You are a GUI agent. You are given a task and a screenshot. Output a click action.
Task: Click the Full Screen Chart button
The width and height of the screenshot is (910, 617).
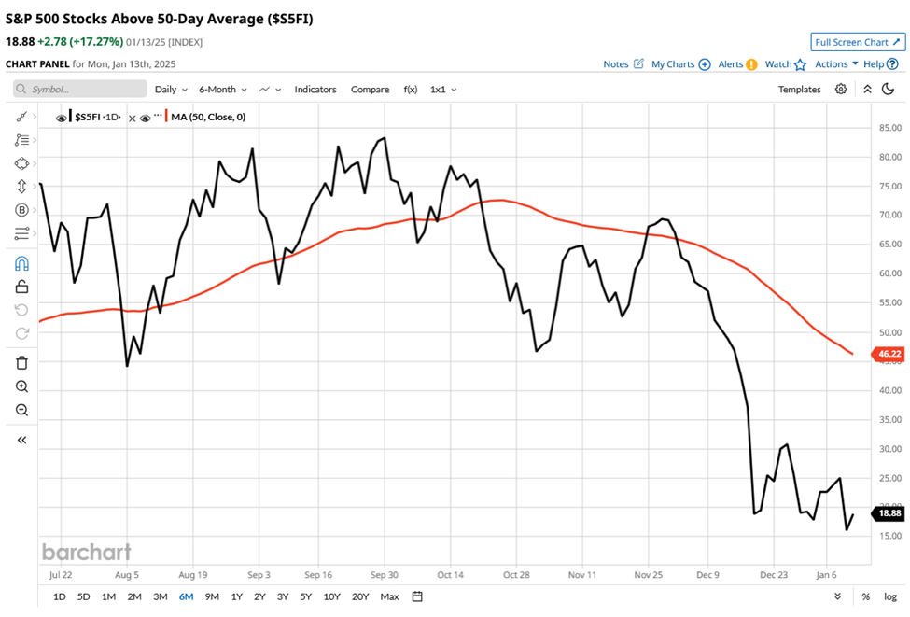(857, 42)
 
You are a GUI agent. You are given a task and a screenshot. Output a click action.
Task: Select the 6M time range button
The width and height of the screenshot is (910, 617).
(186, 596)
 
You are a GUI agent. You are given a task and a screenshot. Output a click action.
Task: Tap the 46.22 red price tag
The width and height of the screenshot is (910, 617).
(889, 354)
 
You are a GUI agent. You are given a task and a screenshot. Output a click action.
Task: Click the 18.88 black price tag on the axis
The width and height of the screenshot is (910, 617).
(889, 513)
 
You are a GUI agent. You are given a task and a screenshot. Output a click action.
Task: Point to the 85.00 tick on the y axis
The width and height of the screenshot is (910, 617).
(889, 128)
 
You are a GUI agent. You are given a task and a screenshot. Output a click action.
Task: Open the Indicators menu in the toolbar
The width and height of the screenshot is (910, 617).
(315, 90)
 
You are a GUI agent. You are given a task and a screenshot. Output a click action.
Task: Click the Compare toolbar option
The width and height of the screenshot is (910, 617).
(370, 90)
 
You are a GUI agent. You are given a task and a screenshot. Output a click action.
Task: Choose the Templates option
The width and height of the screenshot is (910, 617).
(799, 90)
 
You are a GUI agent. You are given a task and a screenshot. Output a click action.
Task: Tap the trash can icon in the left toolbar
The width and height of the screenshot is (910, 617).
(22, 363)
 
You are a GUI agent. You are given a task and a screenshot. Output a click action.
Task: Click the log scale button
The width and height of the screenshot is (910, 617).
(889, 596)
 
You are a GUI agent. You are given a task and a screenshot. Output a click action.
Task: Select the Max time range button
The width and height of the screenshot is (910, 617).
(389, 596)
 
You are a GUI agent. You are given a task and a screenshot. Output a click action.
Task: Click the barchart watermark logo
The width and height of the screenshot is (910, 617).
(86, 552)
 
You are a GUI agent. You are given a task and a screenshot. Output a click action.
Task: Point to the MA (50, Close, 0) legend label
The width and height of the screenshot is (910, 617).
(208, 118)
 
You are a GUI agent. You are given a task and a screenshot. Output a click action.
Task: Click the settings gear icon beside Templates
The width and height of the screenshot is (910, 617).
(841, 90)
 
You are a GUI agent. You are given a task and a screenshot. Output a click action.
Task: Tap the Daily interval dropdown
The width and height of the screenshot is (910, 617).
(171, 90)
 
